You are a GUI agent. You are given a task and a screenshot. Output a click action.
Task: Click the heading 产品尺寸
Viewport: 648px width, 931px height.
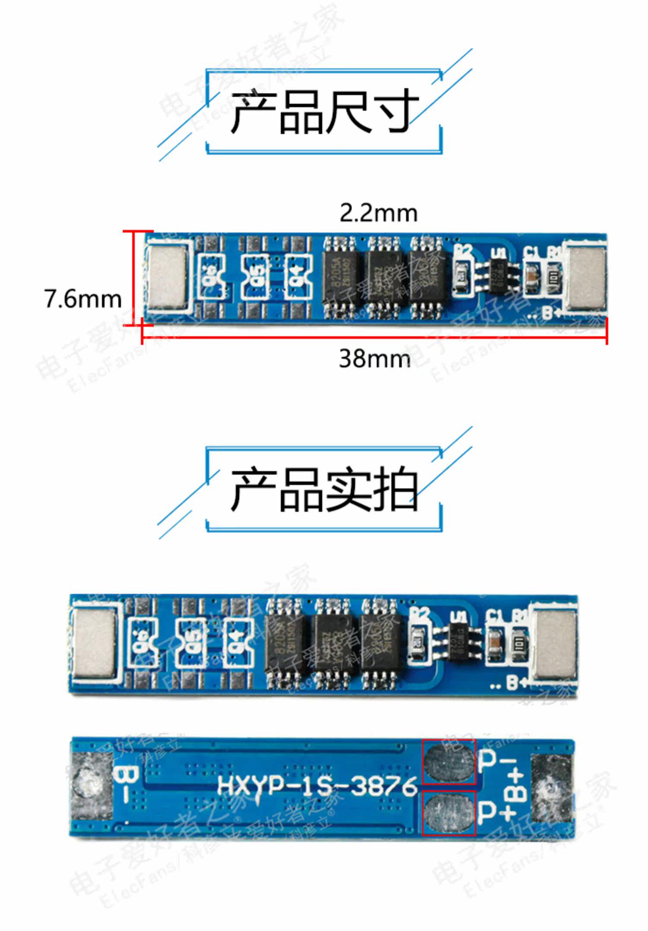click(324, 112)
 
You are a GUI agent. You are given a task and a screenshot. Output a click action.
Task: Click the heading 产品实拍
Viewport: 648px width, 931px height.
click(324, 489)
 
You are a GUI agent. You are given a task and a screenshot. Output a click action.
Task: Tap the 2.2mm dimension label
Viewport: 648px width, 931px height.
click(378, 213)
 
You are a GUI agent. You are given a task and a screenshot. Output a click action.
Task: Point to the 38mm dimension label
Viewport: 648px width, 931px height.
click(375, 359)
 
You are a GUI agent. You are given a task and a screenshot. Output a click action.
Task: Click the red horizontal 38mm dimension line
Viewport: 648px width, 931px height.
click(375, 336)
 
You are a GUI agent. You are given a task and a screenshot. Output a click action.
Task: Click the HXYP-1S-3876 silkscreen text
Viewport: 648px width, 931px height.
click(317, 785)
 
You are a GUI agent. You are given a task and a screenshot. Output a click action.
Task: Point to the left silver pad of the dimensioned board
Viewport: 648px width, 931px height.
click(167, 276)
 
